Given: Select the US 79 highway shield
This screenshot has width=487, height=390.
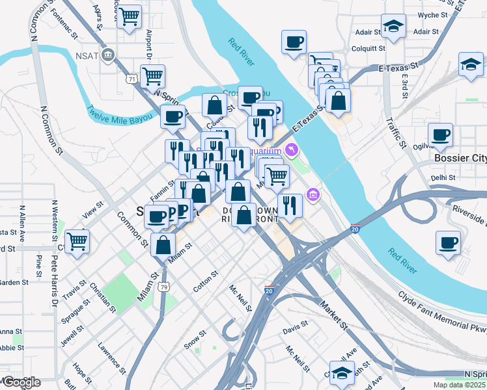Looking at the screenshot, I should [x=165, y=286].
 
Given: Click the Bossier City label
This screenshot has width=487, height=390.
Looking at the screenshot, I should [x=460, y=158].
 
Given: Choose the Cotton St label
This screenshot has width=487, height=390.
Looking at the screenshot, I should [x=205, y=281].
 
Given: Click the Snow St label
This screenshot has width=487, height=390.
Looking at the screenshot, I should [x=195, y=340].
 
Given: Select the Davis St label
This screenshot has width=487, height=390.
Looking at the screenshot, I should [x=296, y=327].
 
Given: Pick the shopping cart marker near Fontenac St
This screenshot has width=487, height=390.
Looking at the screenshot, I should [x=130, y=16].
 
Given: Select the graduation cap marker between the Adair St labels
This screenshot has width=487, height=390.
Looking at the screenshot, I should [x=393, y=27].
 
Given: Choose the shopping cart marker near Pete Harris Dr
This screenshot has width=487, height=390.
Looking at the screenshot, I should [x=77, y=241].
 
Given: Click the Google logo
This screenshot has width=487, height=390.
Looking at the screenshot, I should [x=21, y=382].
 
